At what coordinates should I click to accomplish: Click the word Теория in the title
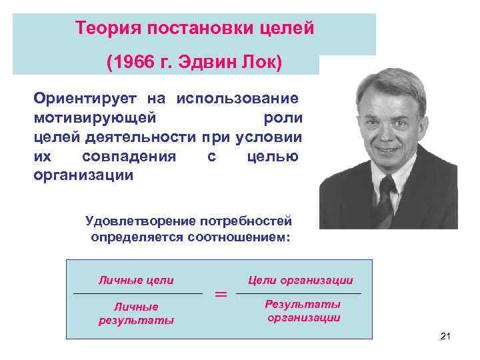pos(104,29)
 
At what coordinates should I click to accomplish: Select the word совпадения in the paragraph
pos(129,157)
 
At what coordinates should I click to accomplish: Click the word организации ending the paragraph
pos(84,176)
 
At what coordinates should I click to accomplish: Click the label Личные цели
pos(136,280)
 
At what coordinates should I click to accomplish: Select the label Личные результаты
pos(136,313)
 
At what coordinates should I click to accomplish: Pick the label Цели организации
pos(300,280)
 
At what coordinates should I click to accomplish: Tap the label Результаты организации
pos(303,311)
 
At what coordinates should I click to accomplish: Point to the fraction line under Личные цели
pos(137,293)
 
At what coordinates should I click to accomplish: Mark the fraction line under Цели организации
pos(299,293)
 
